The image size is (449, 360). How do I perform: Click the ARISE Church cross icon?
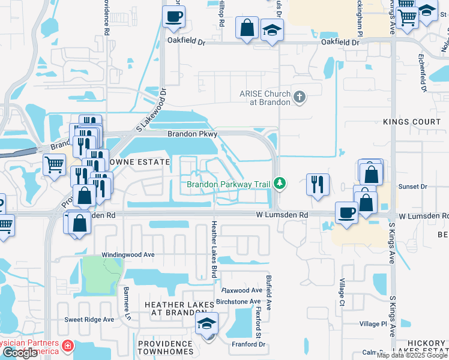(299, 95)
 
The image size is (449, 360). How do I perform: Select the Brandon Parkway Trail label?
(227, 185)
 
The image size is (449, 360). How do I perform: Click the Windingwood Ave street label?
(128, 254)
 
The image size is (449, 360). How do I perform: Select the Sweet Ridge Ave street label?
(89, 320)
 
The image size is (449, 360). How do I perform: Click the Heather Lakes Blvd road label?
(213, 248)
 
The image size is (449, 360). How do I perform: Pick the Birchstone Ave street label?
(238, 301)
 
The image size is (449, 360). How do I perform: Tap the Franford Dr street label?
(249, 344)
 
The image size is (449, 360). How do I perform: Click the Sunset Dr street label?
(417, 187)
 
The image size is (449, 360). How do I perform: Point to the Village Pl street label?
(373, 324)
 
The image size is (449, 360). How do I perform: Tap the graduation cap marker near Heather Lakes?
(206, 324)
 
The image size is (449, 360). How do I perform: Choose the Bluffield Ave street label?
(269, 293)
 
